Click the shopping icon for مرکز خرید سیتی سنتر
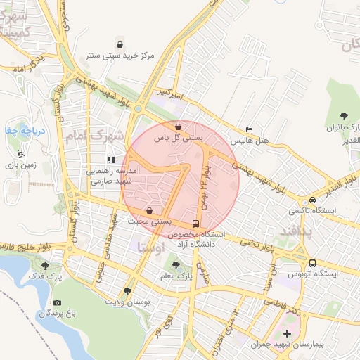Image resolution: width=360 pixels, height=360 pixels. pos(120,45)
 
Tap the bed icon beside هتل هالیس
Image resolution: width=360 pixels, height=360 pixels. pos(249,130)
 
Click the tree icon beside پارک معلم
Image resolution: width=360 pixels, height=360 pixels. pos(176,265)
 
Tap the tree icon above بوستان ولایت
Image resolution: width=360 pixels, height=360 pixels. pos(127,290)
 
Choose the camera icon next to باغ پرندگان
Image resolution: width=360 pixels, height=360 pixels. pos(57,302)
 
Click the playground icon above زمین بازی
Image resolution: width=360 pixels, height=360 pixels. pos(21,153)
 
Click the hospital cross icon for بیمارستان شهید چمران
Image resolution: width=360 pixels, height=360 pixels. pos(287,333)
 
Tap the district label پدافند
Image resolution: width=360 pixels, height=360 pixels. pos(295,230)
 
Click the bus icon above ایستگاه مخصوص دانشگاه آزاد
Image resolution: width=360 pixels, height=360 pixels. pos(195,226)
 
